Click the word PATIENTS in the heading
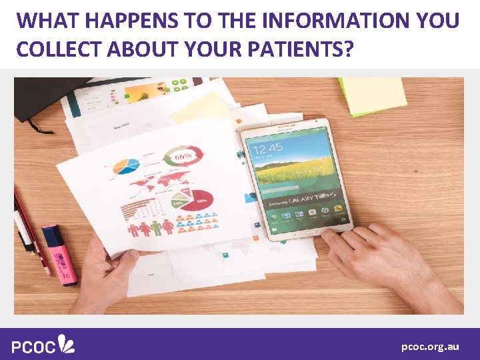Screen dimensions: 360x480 tap(305, 50)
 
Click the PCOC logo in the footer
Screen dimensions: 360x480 tap(43, 345)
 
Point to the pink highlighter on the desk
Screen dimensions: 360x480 tap(59, 253)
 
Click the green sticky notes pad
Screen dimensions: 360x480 tap(373, 95)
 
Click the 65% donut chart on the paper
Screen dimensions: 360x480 tap(184, 157)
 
